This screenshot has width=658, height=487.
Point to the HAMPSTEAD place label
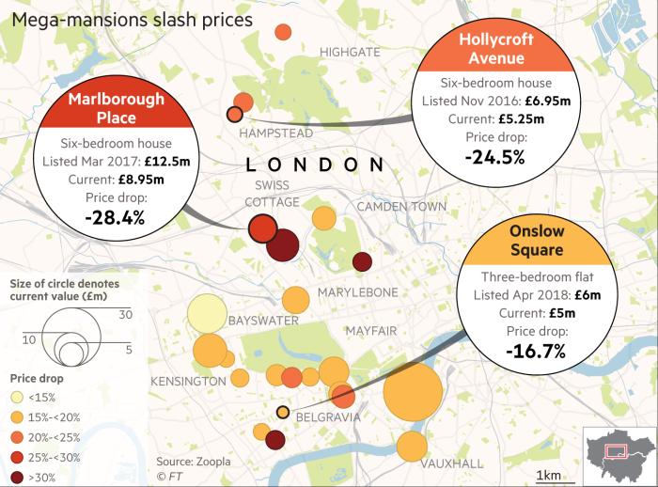275,134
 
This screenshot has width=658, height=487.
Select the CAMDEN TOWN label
401,206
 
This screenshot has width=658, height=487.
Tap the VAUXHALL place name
451,463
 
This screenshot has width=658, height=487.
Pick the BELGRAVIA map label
328,415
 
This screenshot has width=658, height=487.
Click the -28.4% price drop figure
114,218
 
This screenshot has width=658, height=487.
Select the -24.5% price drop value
495,157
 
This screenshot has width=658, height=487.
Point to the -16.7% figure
535,352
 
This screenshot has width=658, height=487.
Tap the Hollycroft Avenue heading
496,49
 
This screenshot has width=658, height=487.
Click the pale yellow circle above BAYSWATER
210,316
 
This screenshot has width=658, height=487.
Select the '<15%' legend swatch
17,395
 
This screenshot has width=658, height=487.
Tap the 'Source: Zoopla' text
193,462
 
